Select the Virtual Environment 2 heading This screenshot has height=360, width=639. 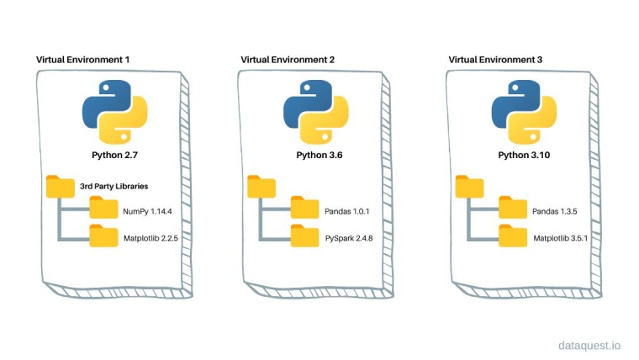[x=288, y=60]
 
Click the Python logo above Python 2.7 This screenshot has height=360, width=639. [x=114, y=116]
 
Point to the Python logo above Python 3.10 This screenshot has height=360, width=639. [x=523, y=116]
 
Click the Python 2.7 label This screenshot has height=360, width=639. [x=114, y=156]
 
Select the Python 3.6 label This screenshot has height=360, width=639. [x=316, y=156]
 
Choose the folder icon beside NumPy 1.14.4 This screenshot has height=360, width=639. [x=103, y=208]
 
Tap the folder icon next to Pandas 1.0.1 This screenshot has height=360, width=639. [x=305, y=208]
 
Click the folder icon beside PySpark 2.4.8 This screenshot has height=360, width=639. [x=305, y=236]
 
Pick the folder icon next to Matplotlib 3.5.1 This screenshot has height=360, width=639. [x=513, y=236]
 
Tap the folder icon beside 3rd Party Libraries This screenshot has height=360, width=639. [x=60, y=185]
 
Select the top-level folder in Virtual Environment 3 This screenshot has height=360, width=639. [x=469, y=185]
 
